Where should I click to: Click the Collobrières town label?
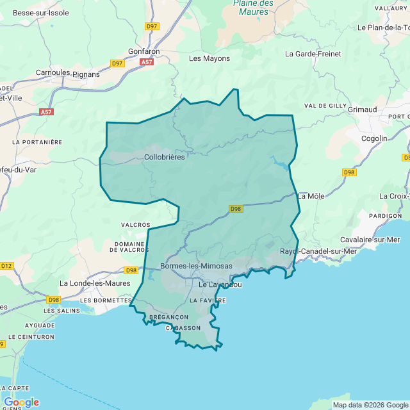164,157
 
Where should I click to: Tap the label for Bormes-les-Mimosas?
196,266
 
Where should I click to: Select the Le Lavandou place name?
220,284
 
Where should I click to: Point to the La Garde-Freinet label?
313,54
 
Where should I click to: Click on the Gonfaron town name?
143,51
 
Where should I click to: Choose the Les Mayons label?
209,58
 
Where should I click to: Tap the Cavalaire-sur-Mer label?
370,240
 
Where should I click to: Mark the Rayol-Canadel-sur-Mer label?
318,251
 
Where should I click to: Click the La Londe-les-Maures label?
95,283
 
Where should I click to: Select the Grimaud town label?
362,110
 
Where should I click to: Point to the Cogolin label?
374,138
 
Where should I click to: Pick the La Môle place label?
311,195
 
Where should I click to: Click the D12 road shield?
6,266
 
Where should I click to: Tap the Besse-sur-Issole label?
40,13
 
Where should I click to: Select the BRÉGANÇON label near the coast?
168,317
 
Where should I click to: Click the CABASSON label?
183,328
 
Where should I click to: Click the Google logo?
21,402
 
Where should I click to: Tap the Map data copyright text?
370,405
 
